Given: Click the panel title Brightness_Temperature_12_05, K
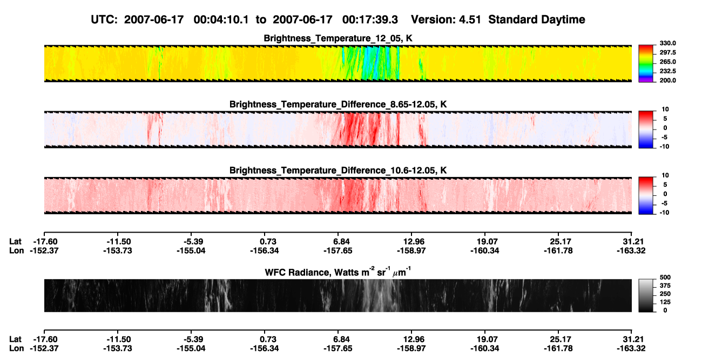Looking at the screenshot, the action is pos(338,38).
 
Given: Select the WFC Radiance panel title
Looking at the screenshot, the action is pos(338,272).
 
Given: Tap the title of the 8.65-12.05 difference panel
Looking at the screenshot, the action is pos(338,104).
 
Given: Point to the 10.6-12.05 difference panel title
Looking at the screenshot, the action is pos(338,171).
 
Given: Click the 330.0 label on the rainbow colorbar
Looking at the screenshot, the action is pos(667,43).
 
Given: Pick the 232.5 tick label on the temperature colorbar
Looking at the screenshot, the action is pos(667,71).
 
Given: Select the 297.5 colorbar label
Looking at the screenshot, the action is pos(667,53).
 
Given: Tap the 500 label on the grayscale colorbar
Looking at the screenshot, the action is pos(665,277).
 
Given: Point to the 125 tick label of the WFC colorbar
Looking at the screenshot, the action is pos(665,302).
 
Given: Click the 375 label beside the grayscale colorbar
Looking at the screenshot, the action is pos(665,286).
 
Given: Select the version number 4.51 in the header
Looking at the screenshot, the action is pos(470,19).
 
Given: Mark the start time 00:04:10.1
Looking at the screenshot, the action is pos(221,19).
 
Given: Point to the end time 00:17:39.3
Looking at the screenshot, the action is pos(370,19).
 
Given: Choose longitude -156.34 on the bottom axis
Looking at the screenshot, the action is pos(265,349).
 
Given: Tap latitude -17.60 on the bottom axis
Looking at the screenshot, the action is pos(45,339).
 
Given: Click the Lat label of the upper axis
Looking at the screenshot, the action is pos(15,242).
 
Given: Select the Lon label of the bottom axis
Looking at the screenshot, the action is pos(16,349).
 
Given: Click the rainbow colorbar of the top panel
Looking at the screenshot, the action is pos(646,64).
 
